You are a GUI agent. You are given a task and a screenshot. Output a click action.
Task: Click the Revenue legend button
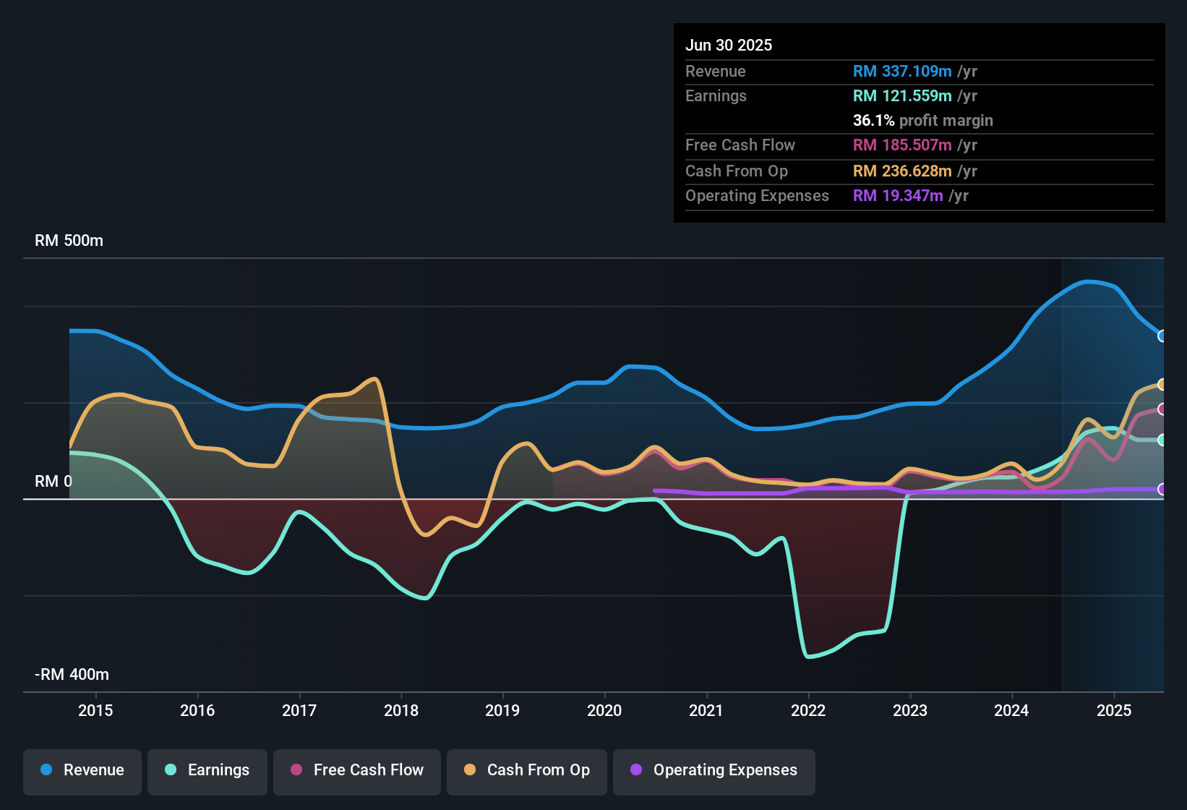pos(82,770)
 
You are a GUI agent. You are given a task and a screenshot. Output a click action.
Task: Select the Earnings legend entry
pos(207,770)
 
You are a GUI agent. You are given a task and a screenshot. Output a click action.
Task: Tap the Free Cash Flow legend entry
pos(357,770)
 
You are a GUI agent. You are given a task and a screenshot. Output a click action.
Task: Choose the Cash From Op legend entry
pos(527,770)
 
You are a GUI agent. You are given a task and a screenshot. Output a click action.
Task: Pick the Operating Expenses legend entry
pos(714,770)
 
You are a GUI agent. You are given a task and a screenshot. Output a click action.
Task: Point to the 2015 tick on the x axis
pos(95,710)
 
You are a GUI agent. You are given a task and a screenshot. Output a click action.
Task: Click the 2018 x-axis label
pos(401,710)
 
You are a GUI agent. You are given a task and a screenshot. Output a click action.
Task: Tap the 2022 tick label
pos(808,710)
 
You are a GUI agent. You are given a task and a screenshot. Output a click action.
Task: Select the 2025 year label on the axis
pos(1114,710)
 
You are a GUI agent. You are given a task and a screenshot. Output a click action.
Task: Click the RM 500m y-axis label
pos(69,241)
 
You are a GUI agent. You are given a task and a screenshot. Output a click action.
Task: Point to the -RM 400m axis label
pos(72,675)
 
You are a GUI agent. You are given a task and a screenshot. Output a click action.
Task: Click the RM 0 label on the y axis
pos(53,482)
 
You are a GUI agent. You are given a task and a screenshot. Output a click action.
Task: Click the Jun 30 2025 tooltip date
pos(728,46)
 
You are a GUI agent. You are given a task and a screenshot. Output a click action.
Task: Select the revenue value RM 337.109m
pos(901,72)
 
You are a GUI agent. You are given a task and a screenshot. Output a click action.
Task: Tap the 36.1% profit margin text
pos(922,121)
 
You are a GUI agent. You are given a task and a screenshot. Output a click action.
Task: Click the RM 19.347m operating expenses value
pos(897,196)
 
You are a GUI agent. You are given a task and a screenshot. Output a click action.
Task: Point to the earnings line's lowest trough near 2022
pos(809,657)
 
